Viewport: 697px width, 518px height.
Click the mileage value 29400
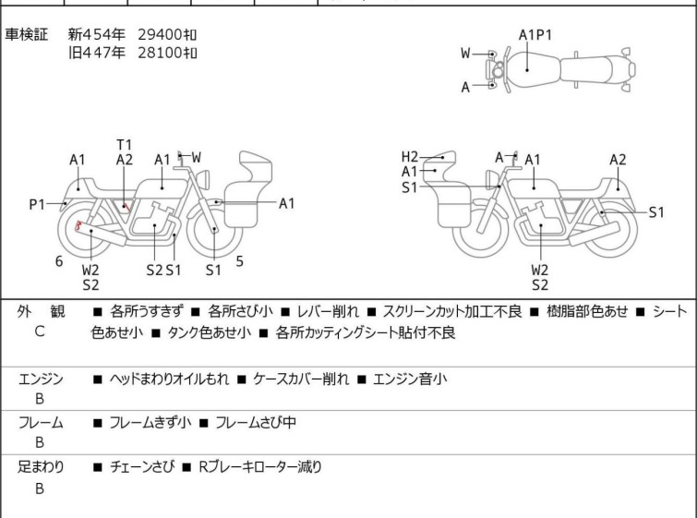(160, 34)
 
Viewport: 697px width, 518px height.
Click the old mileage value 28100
(160, 53)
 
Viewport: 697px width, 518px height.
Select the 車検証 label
(27, 34)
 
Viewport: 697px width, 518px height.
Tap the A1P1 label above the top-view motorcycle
(535, 35)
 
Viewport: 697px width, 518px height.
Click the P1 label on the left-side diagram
(38, 204)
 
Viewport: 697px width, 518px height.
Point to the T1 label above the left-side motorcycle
(125, 144)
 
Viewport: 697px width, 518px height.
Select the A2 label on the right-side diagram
(618, 160)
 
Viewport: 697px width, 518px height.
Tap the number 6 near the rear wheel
(59, 261)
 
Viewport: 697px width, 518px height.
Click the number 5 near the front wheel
(239, 261)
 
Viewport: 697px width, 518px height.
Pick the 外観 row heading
(41, 312)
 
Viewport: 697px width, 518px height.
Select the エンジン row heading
(41, 379)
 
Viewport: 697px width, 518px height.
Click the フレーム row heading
(41, 423)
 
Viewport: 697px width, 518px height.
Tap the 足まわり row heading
(41, 467)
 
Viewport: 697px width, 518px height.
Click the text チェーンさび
(139, 467)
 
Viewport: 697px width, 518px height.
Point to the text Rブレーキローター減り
(260, 467)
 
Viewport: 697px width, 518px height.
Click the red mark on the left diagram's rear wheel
(78, 225)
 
